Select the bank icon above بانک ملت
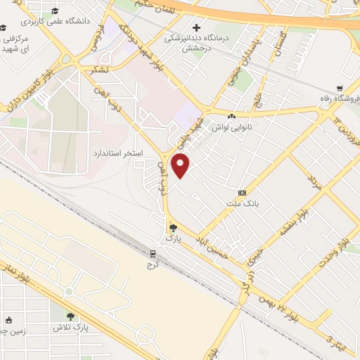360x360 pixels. click(243, 192)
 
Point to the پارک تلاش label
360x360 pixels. click(71, 327)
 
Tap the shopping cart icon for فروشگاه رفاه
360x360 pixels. click(340, 89)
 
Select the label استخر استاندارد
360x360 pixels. click(118, 153)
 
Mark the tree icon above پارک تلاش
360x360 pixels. click(70, 315)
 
